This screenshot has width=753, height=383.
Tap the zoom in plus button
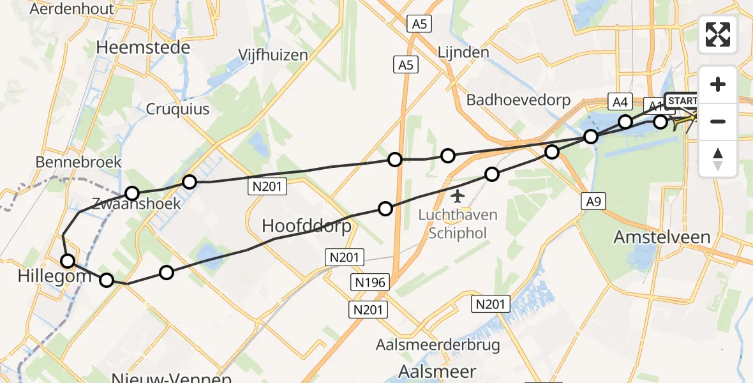pyautogui.click(x=718, y=84)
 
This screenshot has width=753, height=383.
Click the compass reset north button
pyautogui.click(x=718, y=158)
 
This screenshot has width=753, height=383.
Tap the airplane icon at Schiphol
pyautogui.click(x=458, y=194)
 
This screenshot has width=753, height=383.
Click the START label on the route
pyautogui.click(x=682, y=101)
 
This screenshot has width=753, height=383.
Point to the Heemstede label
pyautogui.click(x=143, y=48)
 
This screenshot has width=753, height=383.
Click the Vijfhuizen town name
pyautogui.click(x=272, y=55)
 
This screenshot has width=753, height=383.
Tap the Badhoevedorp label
pyautogui.click(x=518, y=100)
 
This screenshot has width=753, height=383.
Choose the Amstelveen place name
pyautogui.click(x=662, y=237)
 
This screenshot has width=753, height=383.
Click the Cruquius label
pyautogui.click(x=178, y=109)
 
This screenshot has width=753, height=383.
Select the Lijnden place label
pyautogui.click(x=463, y=52)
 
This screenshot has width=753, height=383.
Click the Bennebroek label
pyautogui.click(x=78, y=162)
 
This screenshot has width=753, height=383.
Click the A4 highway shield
pyautogui.click(x=620, y=101)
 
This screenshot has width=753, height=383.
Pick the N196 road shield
pyautogui.click(x=370, y=282)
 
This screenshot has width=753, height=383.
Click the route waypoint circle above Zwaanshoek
pyautogui.click(x=132, y=193)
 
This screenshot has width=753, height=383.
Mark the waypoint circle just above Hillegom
pyautogui.click(x=68, y=260)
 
